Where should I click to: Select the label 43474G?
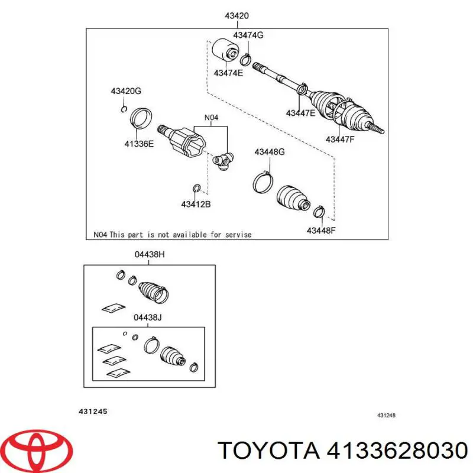click(248, 35)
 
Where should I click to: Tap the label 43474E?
click(229, 73)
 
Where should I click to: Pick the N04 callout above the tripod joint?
click(212, 118)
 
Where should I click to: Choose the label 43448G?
click(270, 152)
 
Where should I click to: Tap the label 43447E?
click(300, 112)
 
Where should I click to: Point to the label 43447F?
click(340, 140)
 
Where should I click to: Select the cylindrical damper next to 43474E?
click(224, 50)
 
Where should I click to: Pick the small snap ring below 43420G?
click(123, 108)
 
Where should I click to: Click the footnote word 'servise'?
click(238, 235)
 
